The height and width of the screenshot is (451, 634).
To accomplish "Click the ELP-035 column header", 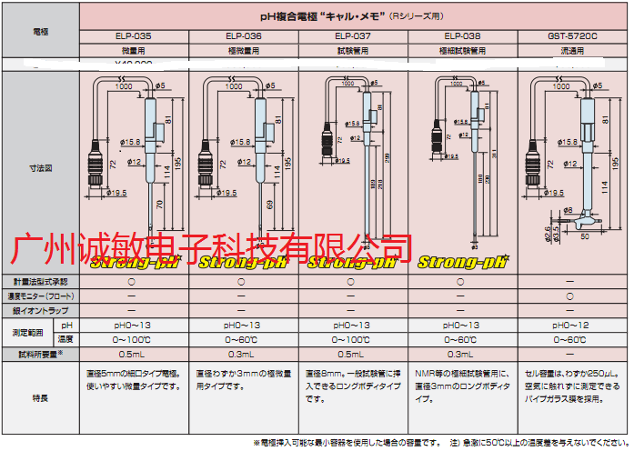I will click(x=134, y=36).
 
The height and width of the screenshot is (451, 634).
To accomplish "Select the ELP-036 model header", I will click(x=243, y=36).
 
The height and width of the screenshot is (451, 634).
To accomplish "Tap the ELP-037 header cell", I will click(x=352, y=36).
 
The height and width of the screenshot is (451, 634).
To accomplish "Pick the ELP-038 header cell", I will click(x=461, y=36).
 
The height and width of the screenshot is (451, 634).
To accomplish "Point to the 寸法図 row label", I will click(x=41, y=169).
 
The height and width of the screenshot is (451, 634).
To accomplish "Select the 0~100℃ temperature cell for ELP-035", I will click(x=134, y=339).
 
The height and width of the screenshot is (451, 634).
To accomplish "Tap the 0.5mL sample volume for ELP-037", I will click(x=352, y=354).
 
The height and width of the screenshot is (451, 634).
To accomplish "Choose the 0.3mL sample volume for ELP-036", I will click(x=243, y=354).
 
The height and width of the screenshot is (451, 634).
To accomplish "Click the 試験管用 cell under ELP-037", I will click(x=352, y=51).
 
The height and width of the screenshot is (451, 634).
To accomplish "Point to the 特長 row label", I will click(x=41, y=397).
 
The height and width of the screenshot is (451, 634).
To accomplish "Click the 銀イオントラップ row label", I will click(x=41, y=310).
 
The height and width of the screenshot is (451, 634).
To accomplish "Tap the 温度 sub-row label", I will click(x=65, y=339).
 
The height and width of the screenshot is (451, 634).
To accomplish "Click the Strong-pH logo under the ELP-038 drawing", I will click(x=461, y=263).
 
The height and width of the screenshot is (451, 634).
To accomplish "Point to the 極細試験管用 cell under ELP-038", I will click(x=461, y=51).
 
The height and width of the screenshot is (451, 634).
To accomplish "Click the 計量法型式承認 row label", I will click(x=41, y=282).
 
